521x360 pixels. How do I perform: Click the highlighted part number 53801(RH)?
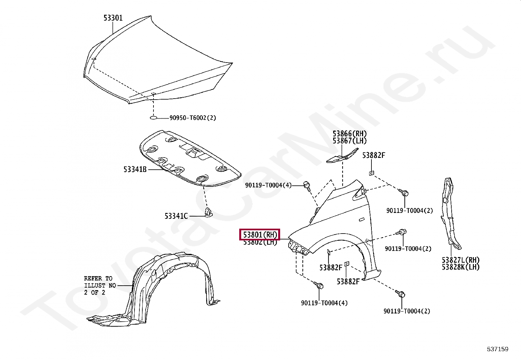coord(260,235)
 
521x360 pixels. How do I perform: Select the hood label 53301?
coord(113,18)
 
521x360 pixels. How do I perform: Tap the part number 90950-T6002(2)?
coord(193,118)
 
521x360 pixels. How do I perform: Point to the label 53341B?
coord(135,169)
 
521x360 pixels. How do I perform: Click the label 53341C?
coord(176,216)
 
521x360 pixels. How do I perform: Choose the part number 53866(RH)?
coord(350,134)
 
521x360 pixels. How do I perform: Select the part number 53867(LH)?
coord(350,141)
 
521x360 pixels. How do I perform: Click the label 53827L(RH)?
coord(460,260)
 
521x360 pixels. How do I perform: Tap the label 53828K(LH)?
coord(460,267)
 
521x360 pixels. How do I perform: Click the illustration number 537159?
coord(497,349)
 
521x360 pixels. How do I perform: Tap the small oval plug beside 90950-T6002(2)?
coord(153,118)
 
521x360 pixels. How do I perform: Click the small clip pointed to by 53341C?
coord(208,213)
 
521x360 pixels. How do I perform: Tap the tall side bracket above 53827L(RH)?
coord(450,213)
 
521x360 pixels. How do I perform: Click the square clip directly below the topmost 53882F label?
coord(371,173)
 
